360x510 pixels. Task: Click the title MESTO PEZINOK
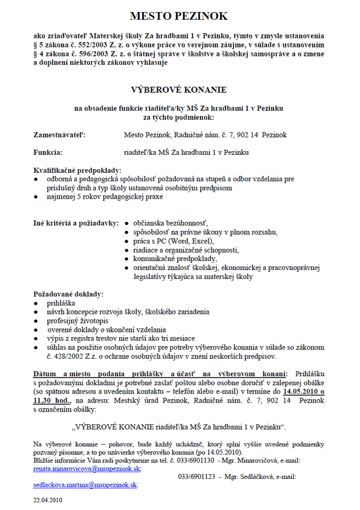click(179, 16)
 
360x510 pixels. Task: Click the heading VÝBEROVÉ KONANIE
click(179, 89)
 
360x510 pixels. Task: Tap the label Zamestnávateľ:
click(59, 136)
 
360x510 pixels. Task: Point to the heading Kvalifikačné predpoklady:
click(77, 170)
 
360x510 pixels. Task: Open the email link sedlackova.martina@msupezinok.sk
click(85, 484)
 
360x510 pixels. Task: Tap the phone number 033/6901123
click(196, 476)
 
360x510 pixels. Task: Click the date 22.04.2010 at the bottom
click(47, 499)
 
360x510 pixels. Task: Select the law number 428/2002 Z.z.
click(67, 356)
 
